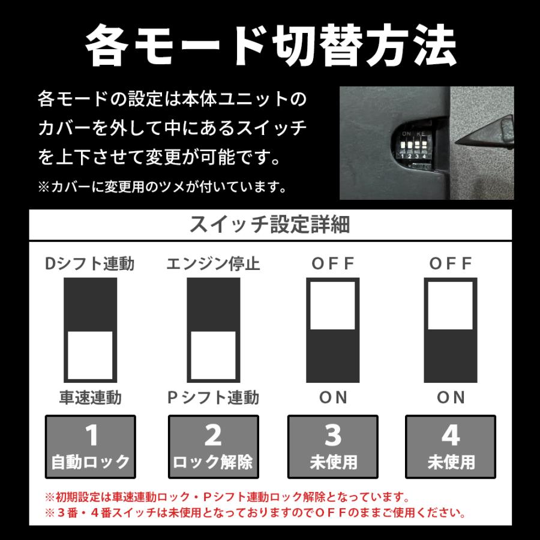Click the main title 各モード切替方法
tap(270, 46)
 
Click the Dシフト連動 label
tap(90, 263)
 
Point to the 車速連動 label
tap(90, 397)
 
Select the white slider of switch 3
tap(333, 305)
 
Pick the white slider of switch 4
tap(451, 305)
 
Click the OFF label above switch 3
tap(333, 263)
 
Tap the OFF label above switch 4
tap(451, 263)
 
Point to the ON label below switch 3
tap(333, 397)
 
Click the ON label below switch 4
tap(451, 397)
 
